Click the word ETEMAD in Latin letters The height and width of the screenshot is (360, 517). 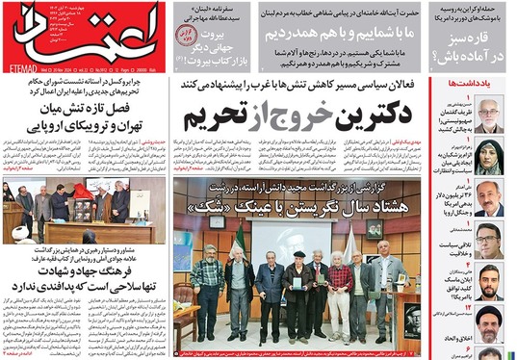click(22, 67)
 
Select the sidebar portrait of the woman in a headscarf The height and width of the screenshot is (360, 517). click(489, 156)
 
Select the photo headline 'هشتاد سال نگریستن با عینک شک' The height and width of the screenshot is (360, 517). click(298, 206)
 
